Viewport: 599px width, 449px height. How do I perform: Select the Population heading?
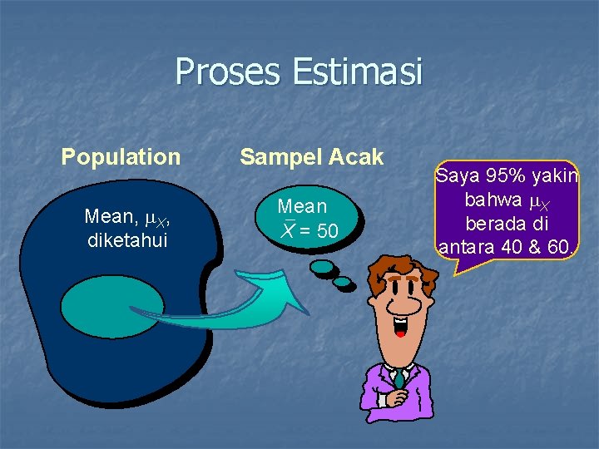point(121,157)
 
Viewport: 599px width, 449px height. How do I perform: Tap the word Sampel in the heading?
point(275,157)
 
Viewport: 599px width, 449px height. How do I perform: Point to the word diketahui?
point(127,240)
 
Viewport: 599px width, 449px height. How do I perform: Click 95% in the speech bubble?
point(502,177)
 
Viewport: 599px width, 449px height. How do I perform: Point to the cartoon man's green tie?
point(400,379)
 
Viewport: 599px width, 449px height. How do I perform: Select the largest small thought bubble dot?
point(320,267)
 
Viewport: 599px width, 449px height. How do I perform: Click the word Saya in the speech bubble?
point(456,177)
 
